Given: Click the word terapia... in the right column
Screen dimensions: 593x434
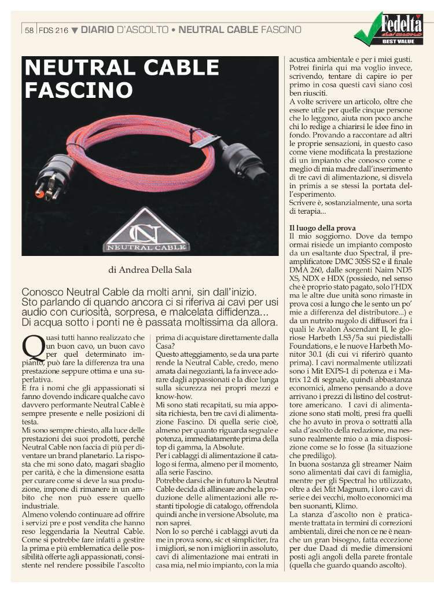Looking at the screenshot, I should click(307, 211).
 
